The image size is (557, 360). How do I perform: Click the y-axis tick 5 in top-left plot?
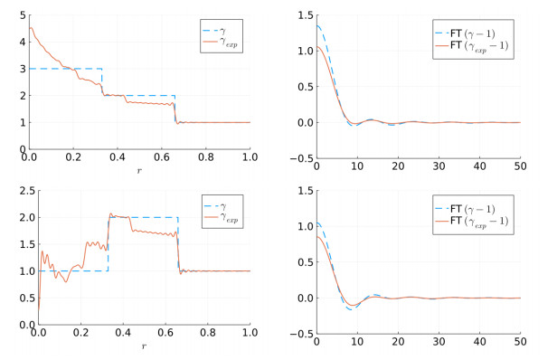pos(21,15)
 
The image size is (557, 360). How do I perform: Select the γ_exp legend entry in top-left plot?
pos(227,42)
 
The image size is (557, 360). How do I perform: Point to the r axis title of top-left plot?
pos(139,170)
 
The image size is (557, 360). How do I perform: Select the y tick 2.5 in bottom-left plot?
pos(18,191)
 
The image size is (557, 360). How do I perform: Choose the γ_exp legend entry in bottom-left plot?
pos(227,217)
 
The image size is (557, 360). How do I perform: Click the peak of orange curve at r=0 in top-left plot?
pos(31,27)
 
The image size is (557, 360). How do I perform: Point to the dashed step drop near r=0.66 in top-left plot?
pos(175,109)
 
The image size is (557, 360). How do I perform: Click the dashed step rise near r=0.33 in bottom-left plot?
pos(109,244)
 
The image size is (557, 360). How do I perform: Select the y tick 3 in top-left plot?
pos(21,69)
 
